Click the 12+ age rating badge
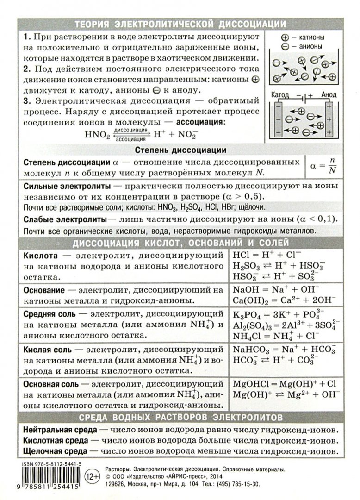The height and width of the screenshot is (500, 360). click(x=93, y=475)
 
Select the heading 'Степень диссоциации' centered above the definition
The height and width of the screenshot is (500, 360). click(x=180, y=150)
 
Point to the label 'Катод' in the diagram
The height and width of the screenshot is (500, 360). click(x=279, y=94)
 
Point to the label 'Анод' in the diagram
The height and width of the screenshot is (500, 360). click(x=327, y=94)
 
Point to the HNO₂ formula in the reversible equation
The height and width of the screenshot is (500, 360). click(x=98, y=136)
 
